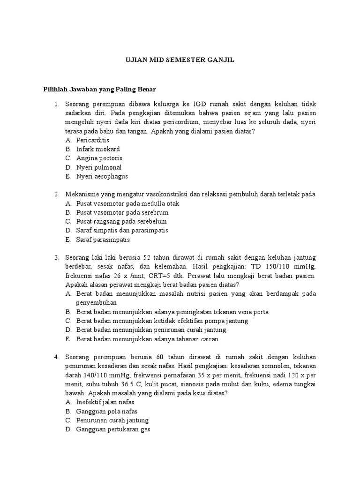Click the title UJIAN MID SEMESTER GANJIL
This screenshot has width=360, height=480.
180,60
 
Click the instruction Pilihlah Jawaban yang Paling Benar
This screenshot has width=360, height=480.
99,89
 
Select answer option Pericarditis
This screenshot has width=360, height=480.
92,140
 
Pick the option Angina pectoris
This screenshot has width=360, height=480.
99,158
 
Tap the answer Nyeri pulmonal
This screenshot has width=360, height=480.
98,167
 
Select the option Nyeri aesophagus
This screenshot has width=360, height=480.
102,177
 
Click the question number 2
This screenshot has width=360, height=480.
56,195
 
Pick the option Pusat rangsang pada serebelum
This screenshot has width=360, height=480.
121,221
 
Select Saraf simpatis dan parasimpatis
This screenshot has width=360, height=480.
122,231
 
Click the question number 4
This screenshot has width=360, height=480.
56,357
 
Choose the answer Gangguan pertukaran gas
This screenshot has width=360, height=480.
113,429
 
